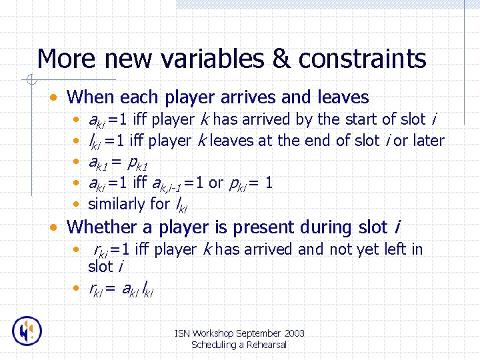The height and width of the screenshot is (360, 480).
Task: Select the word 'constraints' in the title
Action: click(x=363, y=59)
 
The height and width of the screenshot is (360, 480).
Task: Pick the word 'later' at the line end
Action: click(x=428, y=141)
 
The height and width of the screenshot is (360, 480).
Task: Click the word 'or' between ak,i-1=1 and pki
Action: click(x=215, y=183)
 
